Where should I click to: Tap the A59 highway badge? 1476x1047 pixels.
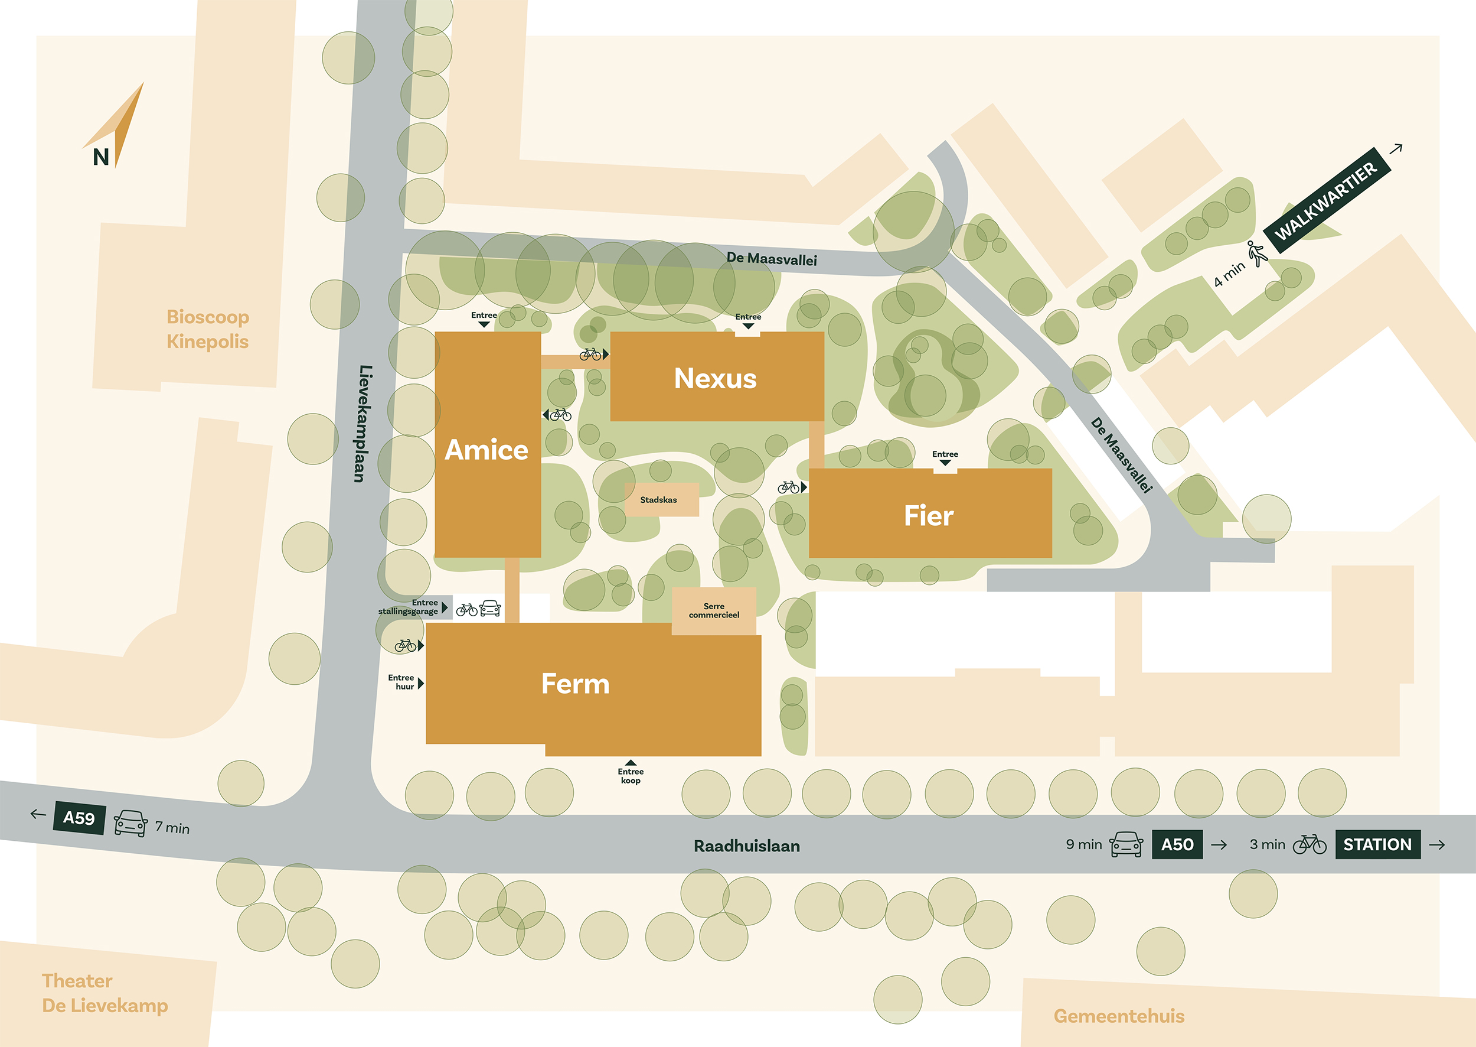(79, 818)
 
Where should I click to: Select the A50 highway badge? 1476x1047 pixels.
(1177, 844)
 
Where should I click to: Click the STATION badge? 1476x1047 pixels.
(1377, 844)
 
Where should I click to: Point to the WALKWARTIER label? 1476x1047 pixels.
(1327, 201)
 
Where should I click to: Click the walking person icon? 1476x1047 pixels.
(1256, 253)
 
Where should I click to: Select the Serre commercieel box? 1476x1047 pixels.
(714, 610)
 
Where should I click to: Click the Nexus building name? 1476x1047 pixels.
(715, 378)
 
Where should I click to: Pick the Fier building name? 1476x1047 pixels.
(928, 516)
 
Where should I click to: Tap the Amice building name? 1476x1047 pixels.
(486, 450)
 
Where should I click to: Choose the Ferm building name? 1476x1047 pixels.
(575, 684)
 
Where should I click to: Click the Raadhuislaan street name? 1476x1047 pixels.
(747, 846)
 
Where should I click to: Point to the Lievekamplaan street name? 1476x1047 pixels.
(363, 424)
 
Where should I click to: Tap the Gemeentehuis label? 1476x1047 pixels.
(1118, 1017)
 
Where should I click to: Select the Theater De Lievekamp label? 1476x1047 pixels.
(105, 993)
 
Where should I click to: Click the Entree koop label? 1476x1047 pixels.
(630, 776)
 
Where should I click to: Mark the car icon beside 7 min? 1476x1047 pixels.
(131, 823)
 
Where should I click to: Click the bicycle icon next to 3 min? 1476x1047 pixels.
(1309, 844)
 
